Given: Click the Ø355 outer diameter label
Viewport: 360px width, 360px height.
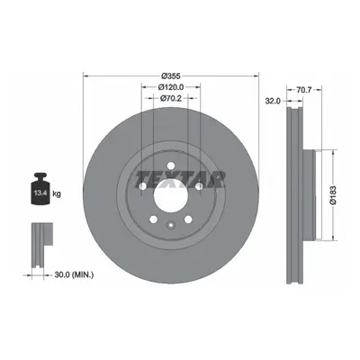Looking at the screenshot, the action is click(171, 76).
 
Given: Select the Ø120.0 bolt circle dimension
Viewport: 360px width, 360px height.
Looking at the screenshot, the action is click(171, 87).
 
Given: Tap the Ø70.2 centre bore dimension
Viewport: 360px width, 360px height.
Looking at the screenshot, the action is click(171, 98).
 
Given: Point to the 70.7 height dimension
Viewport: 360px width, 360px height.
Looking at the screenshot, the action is click(304, 89).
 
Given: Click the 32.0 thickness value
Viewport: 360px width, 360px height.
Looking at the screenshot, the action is click(273, 101).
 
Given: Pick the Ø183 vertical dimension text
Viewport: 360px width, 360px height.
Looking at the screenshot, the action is click(333, 195).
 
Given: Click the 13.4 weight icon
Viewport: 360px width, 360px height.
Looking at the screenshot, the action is click(40, 188).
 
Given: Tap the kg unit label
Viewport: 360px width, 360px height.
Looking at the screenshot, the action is click(57, 193).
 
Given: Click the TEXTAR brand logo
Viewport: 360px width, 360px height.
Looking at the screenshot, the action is click(180, 180).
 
